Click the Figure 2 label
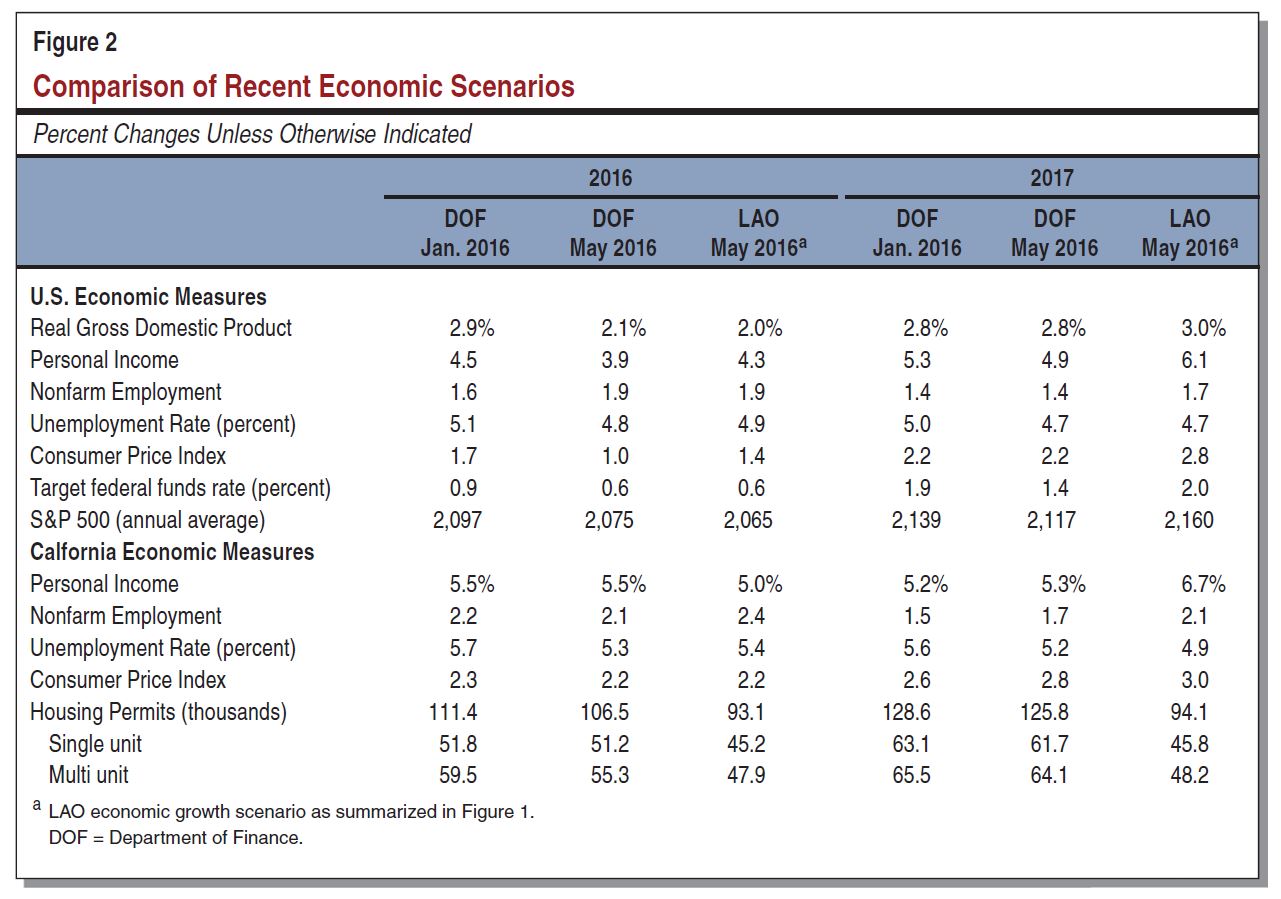point(75,43)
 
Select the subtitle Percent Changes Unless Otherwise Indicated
point(252,134)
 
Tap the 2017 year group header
point(1051,178)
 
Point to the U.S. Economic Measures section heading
point(148,297)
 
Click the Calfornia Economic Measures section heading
point(172,552)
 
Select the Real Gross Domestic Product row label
point(161,328)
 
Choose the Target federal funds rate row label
point(180,488)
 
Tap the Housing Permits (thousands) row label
point(158,712)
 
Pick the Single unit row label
point(95,744)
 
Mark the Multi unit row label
point(89,775)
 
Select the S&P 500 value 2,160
point(1188,520)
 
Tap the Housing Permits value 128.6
point(917,712)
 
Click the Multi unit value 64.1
point(1048,775)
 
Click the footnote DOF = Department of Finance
point(176,838)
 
